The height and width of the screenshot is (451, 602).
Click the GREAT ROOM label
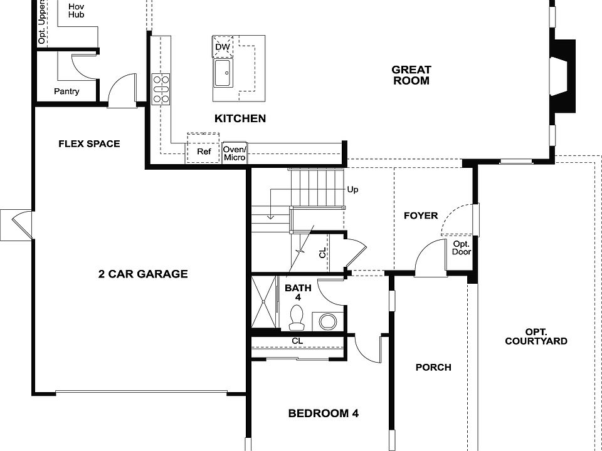click(411, 75)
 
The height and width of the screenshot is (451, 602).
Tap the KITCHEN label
click(240, 118)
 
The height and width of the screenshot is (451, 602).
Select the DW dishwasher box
click(223, 47)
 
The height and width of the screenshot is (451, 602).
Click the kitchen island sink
click(223, 74)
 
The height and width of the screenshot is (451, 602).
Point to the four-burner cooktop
click(161, 88)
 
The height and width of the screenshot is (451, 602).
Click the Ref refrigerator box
click(204, 152)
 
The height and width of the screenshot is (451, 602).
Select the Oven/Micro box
click(235, 153)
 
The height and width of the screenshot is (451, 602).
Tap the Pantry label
click(66, 91)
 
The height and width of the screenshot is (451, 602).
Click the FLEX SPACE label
click(89, 143)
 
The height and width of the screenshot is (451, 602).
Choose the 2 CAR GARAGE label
click(143, 274)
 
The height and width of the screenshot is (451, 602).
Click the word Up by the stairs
click(352, 189)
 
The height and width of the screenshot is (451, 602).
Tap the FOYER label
click(421, 215)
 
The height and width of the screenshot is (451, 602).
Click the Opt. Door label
click(461, 248)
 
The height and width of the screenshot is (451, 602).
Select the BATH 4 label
click(298, 293)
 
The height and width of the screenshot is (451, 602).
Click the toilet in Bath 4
click(297, 317)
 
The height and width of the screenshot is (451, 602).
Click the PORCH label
click(433, 367)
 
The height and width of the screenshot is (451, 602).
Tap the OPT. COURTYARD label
click(536, 336)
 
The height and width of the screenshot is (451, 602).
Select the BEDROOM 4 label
click(323, 413)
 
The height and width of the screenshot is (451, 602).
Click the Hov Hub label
click(77, 9)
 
